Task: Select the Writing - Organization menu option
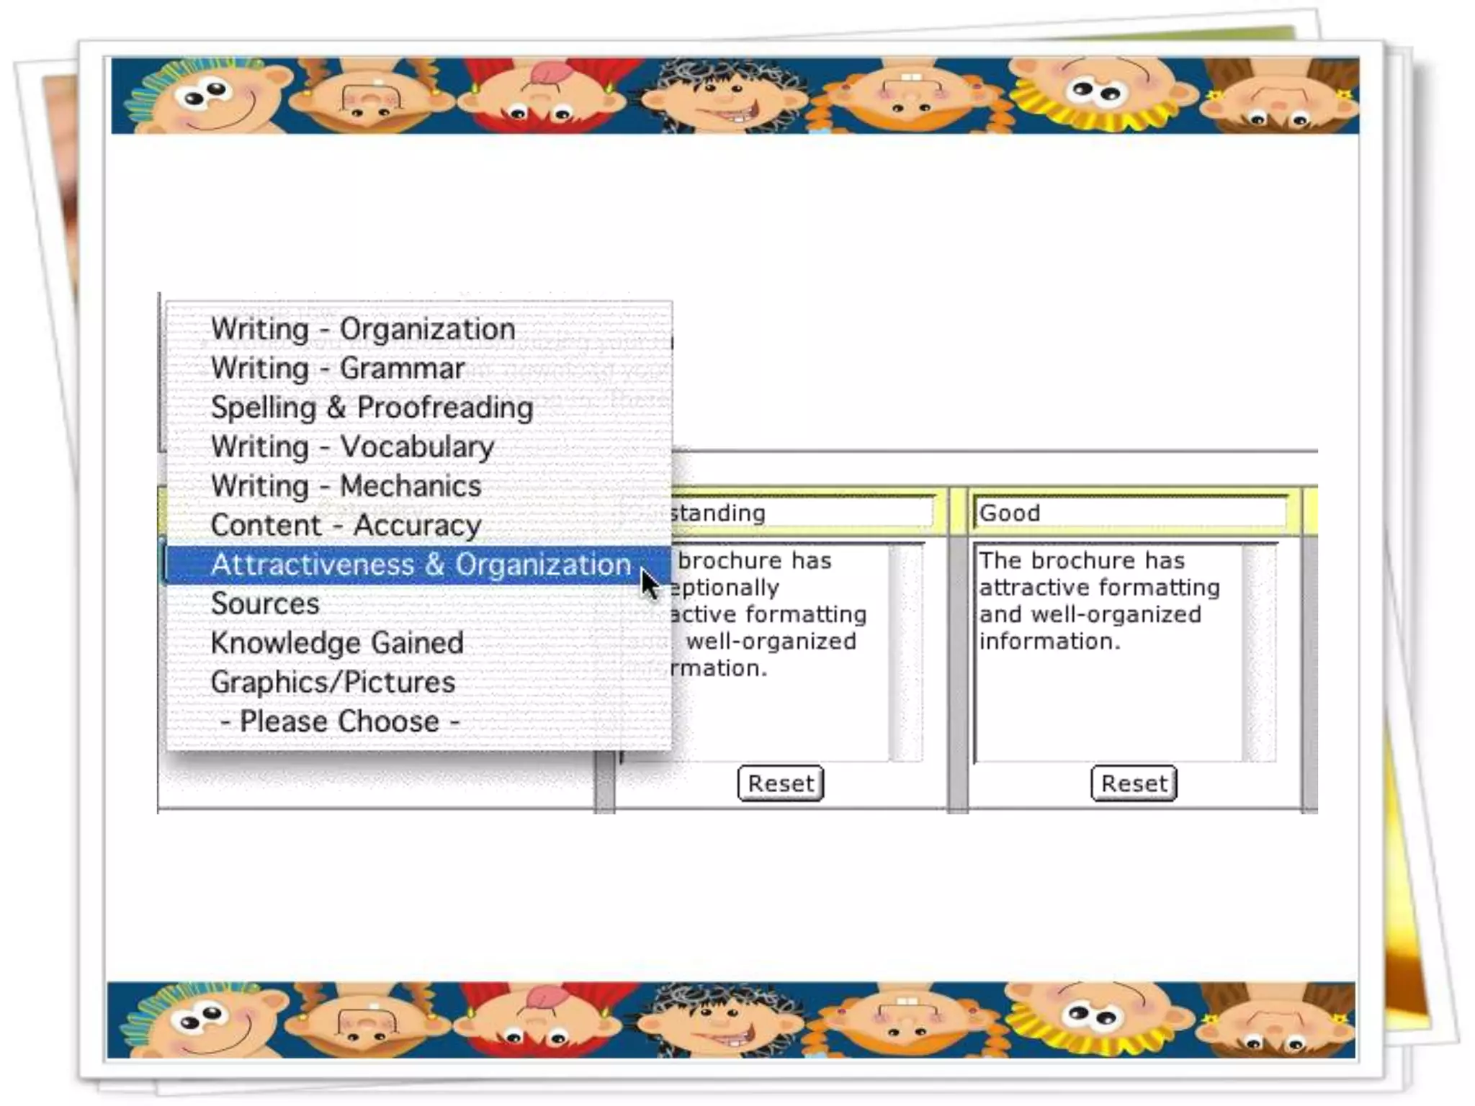(362, 330)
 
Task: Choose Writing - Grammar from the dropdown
(337, 369)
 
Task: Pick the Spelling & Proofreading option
(372, 408)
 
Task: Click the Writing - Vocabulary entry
(352, 447)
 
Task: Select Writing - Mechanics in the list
(346, 486)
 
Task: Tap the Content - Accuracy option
(346, 526)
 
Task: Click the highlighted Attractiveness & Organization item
(421, 565)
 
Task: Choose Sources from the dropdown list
(264, 604)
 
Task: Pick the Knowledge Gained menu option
(337, 643)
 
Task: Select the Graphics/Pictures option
(333, 683)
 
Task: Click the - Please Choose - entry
(339, 721)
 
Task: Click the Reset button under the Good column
(1134, 783)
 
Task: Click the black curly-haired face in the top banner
(724, 97)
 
